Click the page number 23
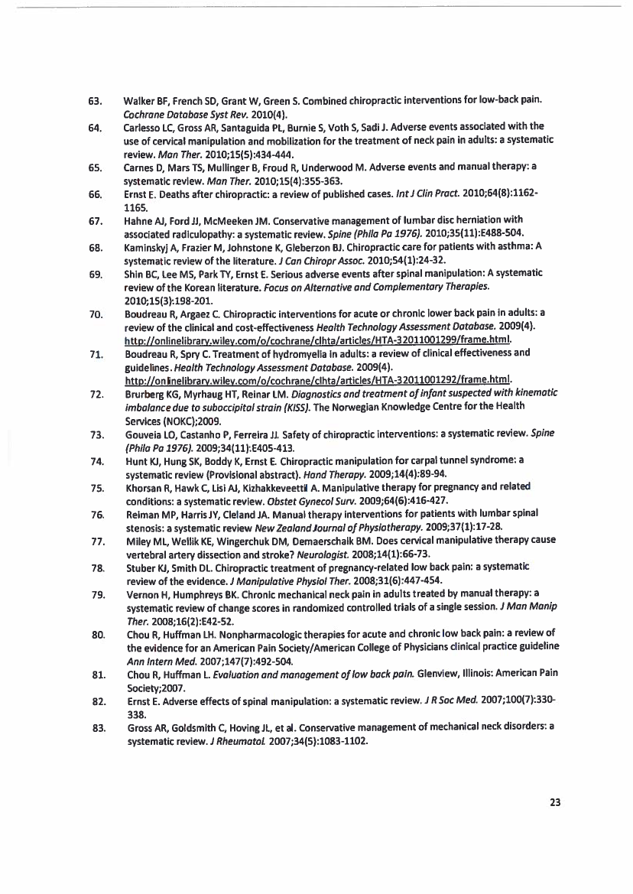point(555,802)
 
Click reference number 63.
point(96,100)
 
